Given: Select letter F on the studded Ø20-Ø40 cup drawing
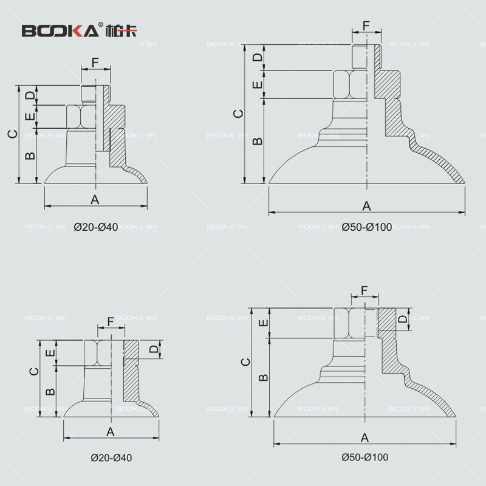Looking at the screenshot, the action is pyautogui.click(x=95, y=63).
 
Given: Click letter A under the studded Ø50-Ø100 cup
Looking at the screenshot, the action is pyautogui.click(x=366, y=206).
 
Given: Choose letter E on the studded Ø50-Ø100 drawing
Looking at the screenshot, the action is pyautogui.click(x=258, y=84).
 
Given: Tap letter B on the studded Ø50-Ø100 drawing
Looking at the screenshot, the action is pyautogui.click(x=258, y=140).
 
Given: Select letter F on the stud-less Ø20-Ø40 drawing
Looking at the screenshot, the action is pyautogui.click(x=111, y=321).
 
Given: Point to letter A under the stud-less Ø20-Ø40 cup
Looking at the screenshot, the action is pyautogui.click(x=111, y=431).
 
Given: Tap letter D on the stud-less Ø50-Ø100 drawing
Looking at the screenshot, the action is pyautogui.click(x=402, y=319).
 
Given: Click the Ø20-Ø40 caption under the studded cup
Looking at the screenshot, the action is pyautogui.click(x=96, y=227).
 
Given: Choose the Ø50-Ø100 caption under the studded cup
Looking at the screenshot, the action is pyautogui.click(x=367, y=227).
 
